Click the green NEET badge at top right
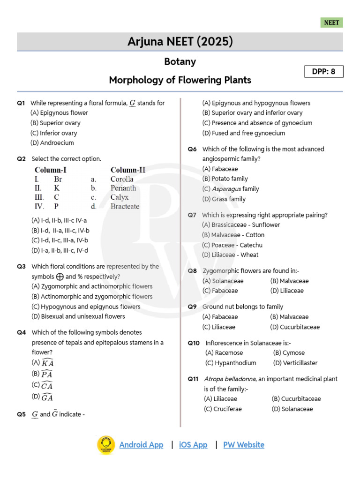tap(332, 22)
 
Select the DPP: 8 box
tap(324, 72)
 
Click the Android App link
tap(141, 445)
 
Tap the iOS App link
tap(193, 445)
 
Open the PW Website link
tap(243, 445)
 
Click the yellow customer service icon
tap(106, 445)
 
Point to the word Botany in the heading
tap(180, 62)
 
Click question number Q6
tap(192, 149)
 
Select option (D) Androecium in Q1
tap(52, 143)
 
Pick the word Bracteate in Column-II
tap(125, 206)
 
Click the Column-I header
tap(50, 170)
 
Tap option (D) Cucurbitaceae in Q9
tap(295, 327)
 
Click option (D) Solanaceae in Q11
tap(292, 409)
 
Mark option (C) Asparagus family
tap(231, 189)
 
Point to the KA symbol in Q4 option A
tap(47, 363)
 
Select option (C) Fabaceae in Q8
tap(220, 291)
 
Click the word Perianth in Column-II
tap(123, 188)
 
